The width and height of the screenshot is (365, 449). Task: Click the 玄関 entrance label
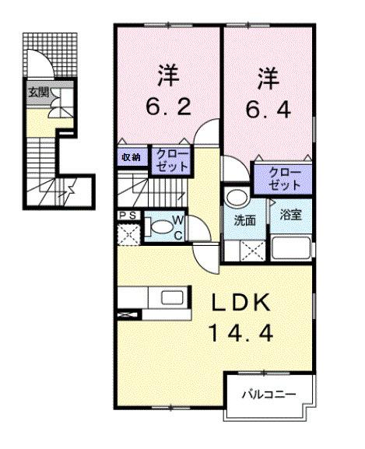point(38,91)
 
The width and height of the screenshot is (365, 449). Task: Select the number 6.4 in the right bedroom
point(268,107)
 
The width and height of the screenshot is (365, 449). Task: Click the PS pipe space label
point(128,216)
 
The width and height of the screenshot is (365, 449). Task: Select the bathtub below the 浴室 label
point(291,249)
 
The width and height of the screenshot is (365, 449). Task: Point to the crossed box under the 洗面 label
point(247,250)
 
